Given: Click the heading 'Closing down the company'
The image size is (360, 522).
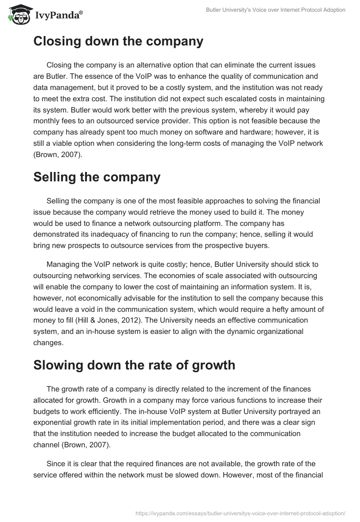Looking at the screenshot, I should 118,41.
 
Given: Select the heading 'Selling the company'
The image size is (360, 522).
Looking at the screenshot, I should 97,177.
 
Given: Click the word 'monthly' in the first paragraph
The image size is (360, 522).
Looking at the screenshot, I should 46,122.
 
